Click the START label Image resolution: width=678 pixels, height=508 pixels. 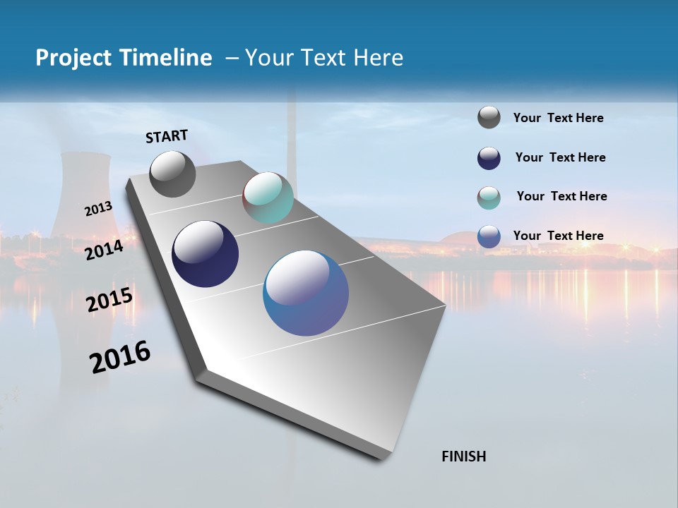167,136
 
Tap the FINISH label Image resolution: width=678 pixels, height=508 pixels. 463,456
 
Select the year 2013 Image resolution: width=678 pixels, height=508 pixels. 99,209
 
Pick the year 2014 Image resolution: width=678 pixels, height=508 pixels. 105,250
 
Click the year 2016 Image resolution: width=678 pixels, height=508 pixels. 120,357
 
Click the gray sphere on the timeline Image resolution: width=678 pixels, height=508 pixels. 172,174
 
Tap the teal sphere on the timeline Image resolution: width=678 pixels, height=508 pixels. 268,198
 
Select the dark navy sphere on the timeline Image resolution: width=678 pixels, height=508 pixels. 205,254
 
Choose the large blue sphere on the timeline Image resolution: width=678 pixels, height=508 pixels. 305,293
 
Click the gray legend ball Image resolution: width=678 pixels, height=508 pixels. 489,118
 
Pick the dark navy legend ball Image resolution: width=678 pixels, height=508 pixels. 489,158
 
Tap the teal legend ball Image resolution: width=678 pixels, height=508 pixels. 489,198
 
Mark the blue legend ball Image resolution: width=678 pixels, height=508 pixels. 489,236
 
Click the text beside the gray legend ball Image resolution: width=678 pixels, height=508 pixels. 558,119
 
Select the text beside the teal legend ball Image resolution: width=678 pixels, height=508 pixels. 561,196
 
